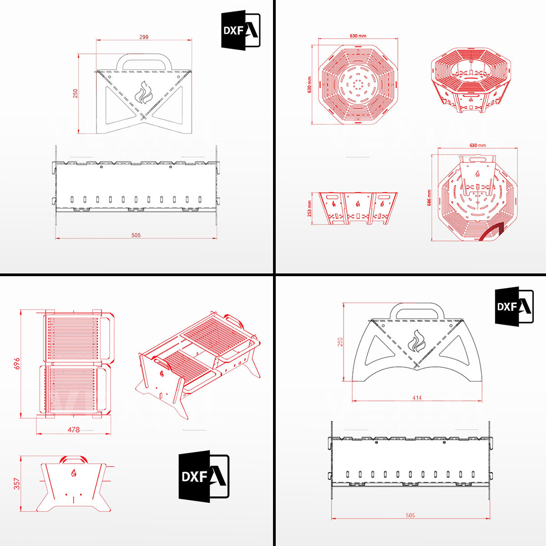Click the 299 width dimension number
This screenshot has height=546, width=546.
coord(144,37)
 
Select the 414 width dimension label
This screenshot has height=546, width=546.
coord(417,398)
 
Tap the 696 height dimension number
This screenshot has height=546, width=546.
coord(16,364)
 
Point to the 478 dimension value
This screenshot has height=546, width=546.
coord(74,430)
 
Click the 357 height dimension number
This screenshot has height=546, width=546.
coord(17,484)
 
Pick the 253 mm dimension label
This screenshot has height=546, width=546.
coord(310,208)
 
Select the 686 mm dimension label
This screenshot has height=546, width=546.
coord(429,198)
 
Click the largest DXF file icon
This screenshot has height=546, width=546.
coord(203,476)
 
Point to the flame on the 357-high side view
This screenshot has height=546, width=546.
coord(74,473)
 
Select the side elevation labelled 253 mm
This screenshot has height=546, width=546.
coord(358,208)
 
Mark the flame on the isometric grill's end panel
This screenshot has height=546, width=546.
coord(162,374)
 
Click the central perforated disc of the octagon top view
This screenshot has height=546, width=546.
coord(357,84)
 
